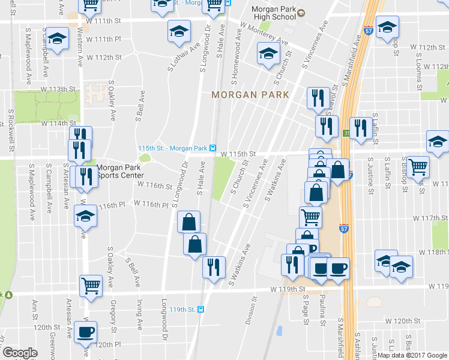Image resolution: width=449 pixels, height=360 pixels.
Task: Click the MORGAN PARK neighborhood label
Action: pyautogui.click(x=250, y=95)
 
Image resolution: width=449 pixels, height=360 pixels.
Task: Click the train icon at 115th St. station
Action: pyautogui.click(x=213, y=148)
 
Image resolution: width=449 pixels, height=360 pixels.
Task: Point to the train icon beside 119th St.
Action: pyautogui.click(x=200, y=310)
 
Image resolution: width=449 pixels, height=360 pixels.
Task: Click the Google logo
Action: pyautogui.click(x=20, y=353)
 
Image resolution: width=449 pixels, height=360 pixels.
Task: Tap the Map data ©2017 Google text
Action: pyautogui.click(x=412, y=355)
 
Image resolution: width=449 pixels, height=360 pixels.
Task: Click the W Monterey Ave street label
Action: pyautogui.click(x=263, y=35)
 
